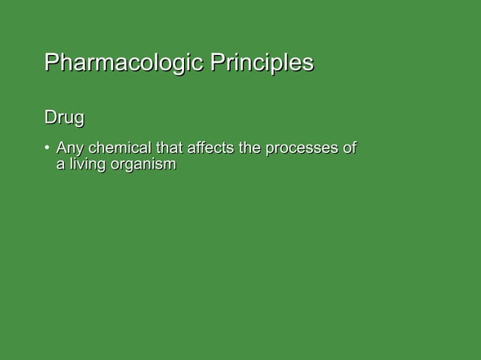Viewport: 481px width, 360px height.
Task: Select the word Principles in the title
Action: [x=262, y=63]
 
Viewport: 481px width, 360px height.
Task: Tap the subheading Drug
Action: [x=63, y=118]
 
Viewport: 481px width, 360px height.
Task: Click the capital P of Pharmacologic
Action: [x=51, y=62]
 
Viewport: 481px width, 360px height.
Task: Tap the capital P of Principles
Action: [x=217, y=62]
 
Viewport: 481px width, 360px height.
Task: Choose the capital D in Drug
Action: [x=51, y=118]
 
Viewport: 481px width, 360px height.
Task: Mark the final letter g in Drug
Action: [x=78, y=121]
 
